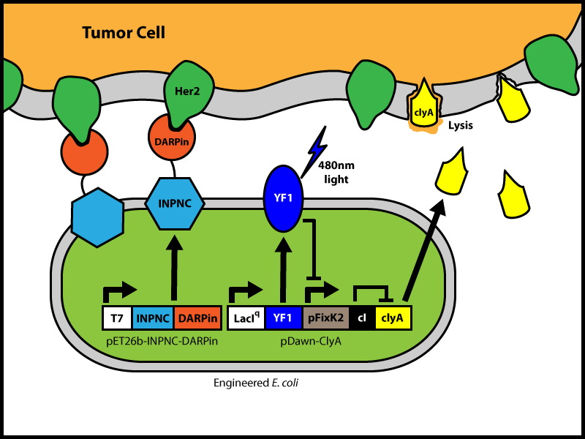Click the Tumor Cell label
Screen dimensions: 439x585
124,32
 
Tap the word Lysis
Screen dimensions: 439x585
461,125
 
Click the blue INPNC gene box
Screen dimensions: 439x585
154,318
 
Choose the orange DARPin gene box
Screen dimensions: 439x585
197,318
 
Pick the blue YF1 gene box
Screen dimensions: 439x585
283,318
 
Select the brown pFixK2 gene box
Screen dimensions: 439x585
324,318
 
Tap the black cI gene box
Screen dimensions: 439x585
362,318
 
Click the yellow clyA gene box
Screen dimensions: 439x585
393,318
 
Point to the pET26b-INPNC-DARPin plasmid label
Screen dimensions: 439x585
162,340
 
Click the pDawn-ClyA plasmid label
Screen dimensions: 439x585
320,340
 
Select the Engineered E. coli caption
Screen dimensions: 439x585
256,383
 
